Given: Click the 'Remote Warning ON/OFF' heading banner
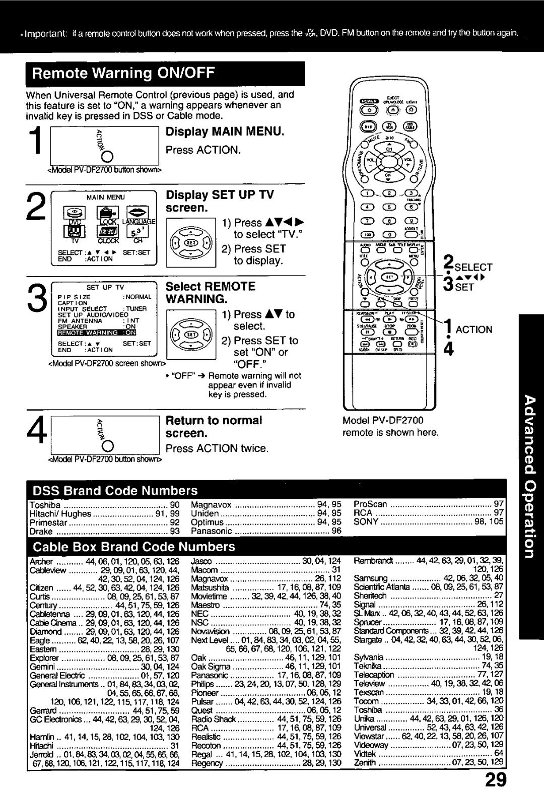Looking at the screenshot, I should click(124, 74).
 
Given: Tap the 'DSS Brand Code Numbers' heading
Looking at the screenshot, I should click(115, 490).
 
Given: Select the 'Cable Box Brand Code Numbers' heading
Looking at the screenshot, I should click(134, 547).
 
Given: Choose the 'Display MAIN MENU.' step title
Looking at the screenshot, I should click(225, 132).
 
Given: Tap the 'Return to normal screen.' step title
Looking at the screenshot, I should click(214, 426).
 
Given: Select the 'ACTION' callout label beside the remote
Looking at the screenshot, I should click(474, 329).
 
